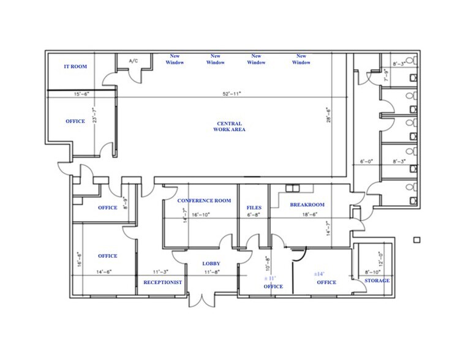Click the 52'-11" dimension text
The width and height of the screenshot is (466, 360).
(x=231, y=94)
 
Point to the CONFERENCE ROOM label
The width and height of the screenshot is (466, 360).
(x=204, y=201)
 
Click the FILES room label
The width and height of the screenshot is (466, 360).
(x=254, y=208)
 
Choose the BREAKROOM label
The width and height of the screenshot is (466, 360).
(x=307, y=204)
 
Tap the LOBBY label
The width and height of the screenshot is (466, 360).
(x=211, y=264)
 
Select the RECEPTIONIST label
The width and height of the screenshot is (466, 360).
(x=163, y=282)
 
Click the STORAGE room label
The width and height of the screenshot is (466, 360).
(x=377, y=280)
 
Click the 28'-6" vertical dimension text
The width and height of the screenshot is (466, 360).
(x=328, y=116)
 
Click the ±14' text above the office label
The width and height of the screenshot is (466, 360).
(x=318, y=274)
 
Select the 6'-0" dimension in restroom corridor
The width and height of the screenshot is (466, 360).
(x=366, y=162)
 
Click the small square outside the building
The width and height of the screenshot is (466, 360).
(x=416, y=239)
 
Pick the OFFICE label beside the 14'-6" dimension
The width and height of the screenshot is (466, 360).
(x=107, y=256)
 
